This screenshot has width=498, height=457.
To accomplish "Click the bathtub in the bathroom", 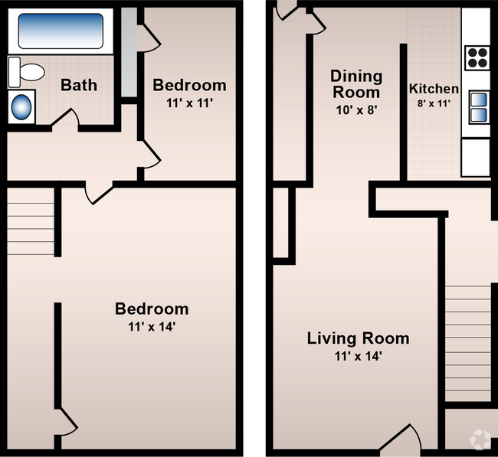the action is [61, 31].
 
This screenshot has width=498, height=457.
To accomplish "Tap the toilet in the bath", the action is [26, 72].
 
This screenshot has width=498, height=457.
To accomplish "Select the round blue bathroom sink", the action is [21, 107].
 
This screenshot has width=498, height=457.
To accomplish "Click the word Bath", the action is [79, 85].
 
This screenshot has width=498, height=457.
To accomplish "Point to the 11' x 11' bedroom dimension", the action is [189, 103].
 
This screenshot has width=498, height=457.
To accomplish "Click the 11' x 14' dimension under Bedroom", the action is [152, 327].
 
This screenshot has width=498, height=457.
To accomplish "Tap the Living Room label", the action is [358, 338].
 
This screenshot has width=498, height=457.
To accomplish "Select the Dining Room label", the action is [356, 84].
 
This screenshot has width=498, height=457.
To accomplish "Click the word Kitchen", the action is [434, 89].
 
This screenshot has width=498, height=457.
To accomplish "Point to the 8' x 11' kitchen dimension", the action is [434, 103].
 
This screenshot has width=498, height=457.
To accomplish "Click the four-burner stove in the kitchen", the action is [477, 58].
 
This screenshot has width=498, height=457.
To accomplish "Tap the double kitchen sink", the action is [479, 107].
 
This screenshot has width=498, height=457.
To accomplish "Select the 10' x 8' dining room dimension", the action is [356, 110].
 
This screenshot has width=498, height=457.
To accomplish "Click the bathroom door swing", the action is [65, 118].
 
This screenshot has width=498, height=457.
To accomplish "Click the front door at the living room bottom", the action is [401, 437].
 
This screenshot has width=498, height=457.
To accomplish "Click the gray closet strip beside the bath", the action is [129, 52].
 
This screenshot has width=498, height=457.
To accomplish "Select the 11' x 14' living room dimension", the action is [358, 356].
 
